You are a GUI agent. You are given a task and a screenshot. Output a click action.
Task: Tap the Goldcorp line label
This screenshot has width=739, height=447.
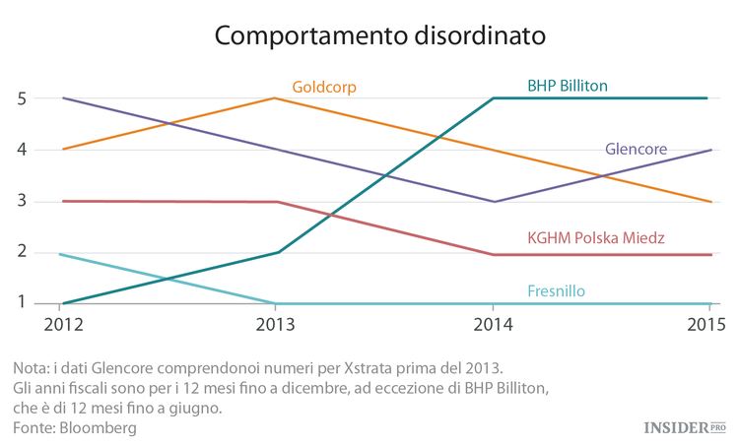pyautogui.click(x=324, y=88)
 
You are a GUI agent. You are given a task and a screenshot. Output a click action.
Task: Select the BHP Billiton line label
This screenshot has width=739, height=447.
pyautogui.click(x=568, y=86)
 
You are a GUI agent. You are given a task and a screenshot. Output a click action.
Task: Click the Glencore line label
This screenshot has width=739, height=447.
pyautogui.click(x=636, y=150)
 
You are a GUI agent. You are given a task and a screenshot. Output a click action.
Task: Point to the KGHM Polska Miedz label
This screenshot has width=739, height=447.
pyautogui.click(x=596, y=238)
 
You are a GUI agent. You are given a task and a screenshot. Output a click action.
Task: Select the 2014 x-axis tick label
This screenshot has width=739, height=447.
pyautogui.click(x=493, y=324)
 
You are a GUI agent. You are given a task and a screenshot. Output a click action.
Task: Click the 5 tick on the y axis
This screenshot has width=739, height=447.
pyautogui.click(x=21, y=98)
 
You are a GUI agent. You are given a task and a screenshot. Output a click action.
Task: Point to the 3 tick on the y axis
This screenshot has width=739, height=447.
pyautogui.click(x=21, y=202)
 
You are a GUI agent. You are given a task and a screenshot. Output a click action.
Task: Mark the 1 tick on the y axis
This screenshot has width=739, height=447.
pyautogui.click(x=21, y=303)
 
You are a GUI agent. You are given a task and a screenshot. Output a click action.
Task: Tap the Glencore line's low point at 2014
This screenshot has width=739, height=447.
pyautogui.click(x=493, y=202)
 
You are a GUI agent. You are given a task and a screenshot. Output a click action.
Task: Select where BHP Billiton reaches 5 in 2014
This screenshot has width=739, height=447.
pyautogui.click(x=493, y=98)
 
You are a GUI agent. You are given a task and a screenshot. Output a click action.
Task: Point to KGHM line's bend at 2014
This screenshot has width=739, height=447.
pyautogui.click(x=493, y=254)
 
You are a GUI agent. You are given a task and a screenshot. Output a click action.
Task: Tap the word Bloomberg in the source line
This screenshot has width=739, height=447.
pyautogui.click(x=98, y=427)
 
